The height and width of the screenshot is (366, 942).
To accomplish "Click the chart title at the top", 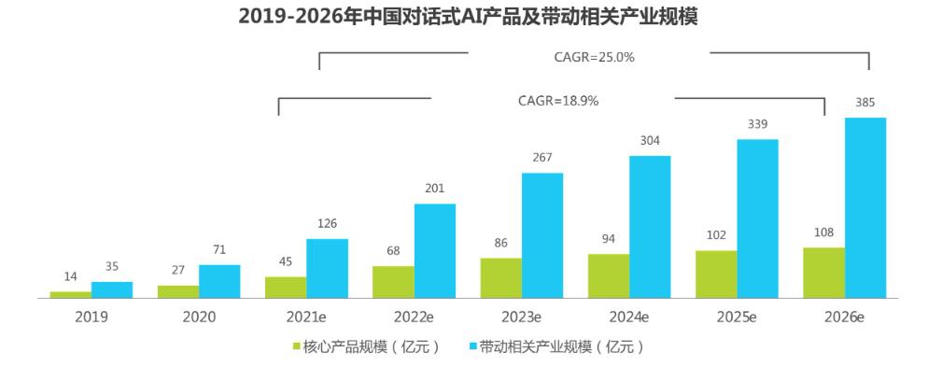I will [470, 16].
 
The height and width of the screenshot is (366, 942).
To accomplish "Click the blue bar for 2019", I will [112, 289].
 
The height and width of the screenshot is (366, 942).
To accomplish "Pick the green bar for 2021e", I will [286, 287].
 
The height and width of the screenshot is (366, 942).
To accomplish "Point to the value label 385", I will [865, 103].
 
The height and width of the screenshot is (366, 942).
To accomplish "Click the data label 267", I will [542, 158].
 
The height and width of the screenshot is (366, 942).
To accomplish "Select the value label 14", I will [71, 277].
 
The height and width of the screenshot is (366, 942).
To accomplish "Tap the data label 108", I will [823, 232].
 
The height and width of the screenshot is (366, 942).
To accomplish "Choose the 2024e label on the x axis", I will [629, 317].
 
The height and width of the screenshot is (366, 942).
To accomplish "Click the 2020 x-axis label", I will [199, 317].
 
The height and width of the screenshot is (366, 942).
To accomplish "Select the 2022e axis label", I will [414, 317].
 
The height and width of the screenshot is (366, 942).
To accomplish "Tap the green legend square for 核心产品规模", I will [296, 347].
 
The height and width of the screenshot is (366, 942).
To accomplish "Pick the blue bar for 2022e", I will [435, 250].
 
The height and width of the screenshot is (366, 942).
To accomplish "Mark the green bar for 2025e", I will [716, 274].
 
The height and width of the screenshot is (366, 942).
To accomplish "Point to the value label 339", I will [757, 124].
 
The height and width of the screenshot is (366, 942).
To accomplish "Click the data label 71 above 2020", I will [219, 250].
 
